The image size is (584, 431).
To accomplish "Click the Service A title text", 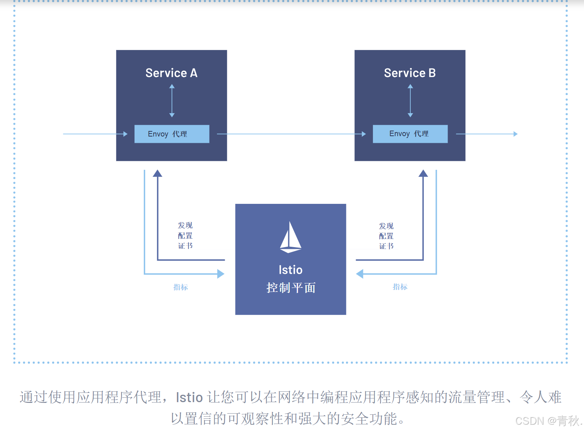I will [x=171, y=73].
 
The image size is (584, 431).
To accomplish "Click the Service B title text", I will [x=410, y=73].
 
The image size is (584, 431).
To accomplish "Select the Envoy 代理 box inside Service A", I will [x=172, y=134].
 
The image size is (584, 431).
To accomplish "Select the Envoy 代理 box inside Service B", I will [x=410, y=134].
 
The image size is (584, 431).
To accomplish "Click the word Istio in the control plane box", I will [x=291, y=270].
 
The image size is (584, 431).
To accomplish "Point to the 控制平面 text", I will [x=291, y=287].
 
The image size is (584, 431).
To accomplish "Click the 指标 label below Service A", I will [x=181, y=287].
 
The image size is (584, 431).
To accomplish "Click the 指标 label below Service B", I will [x=400, y=287].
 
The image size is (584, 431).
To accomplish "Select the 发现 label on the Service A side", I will [x=185, y=225].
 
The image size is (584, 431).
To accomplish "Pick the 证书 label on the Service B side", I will [x=386, y=246].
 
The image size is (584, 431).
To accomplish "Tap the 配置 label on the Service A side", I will [x=185, y=236].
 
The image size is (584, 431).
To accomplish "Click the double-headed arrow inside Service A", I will [x=172, y=101].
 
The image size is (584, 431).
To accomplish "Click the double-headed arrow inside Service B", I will [x=410, y=101].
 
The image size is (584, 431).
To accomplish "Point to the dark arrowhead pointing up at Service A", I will [x=158, y=173].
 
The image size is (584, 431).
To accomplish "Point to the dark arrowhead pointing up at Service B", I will [x=423, y=173].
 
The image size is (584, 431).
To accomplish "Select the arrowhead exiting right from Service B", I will [x=516, y=134].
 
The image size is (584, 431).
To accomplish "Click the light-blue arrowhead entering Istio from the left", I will [x=221, y=274].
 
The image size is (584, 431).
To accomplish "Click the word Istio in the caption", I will [x=189, y=397].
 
